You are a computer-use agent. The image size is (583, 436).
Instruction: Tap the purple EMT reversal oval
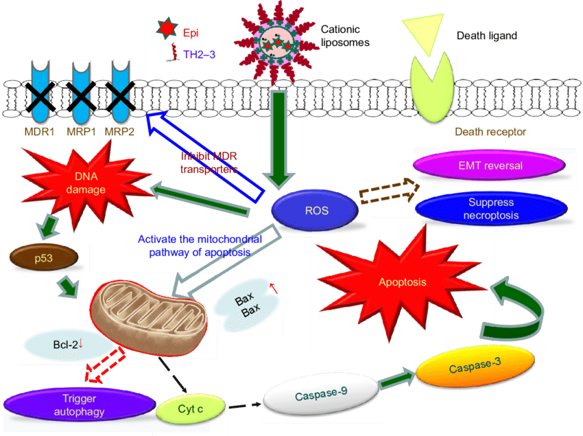click(490, 165)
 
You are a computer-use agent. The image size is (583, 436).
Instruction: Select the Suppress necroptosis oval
click(490, 209)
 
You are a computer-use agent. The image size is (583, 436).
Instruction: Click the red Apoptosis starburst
click(402, 282)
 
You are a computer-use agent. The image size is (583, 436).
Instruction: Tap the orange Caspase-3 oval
click(475, 368)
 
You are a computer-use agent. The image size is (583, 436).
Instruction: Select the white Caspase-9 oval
click(320, 395)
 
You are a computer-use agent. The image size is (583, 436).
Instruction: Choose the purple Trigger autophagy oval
click(80, 405)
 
